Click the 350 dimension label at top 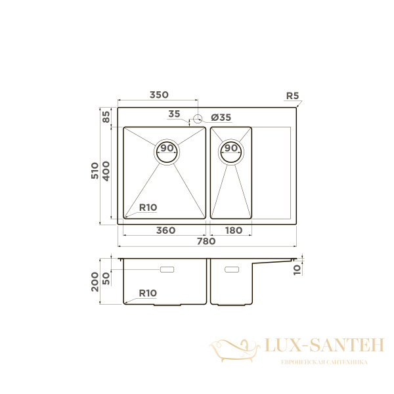[x=159, y=95]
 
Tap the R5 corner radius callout [x=292, y=96]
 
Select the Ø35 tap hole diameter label [x=221, y=118]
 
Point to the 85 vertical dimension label [x=106, y=118]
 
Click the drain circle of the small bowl [x=231, y=150]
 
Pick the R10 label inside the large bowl [x=147, y=208]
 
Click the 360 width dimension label [x=165, y=230]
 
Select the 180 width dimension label [x=234, y=230]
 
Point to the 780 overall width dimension [x=206, y=242]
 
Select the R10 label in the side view [x=147, y=294]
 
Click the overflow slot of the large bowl [x=167, y=269]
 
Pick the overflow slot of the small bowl [x=232, y=269]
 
